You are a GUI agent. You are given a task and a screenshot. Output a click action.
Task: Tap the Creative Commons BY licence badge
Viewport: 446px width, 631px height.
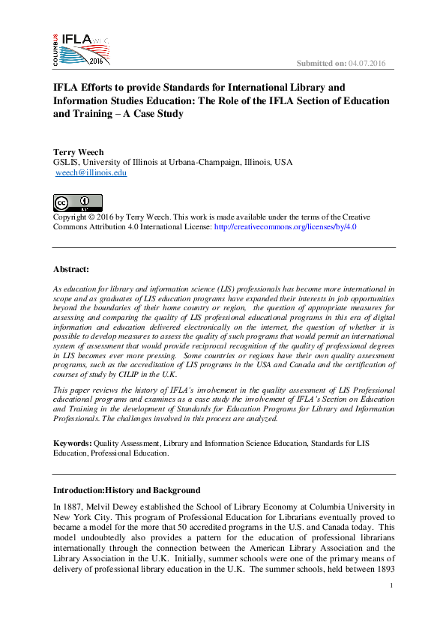(x=77, y=202)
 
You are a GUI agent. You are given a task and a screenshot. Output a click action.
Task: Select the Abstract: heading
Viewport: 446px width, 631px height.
(x=71, y=268)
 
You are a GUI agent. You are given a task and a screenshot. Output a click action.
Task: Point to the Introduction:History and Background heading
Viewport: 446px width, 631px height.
(x=127, y=490)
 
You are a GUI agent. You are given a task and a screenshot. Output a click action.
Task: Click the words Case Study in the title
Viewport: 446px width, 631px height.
(x=155, y=115)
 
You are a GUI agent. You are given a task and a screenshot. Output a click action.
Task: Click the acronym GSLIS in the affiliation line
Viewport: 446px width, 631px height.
(x=65, y=162)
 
